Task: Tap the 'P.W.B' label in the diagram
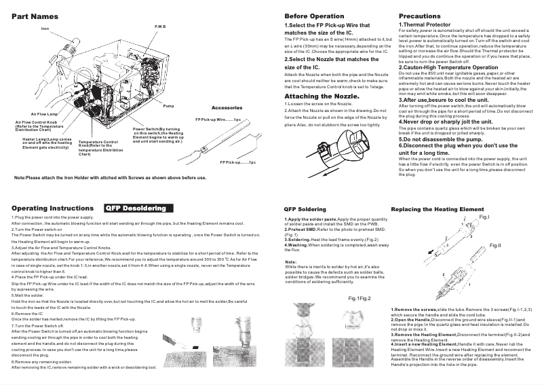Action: [160, 26]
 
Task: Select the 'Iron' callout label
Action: [45, 29]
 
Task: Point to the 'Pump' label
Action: [169, 107]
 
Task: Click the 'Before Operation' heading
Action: [314, 16]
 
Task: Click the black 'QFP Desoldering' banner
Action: [138, 208]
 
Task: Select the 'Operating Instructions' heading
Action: [52, 208]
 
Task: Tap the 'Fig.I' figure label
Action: [484, 217]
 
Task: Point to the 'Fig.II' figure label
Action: [495, 244]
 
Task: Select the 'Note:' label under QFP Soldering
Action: [290, 261]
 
